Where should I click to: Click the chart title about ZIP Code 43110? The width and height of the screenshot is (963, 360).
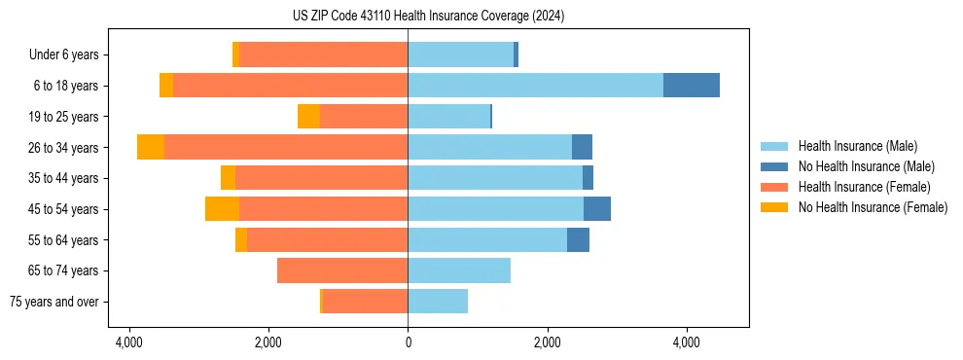point(428,16)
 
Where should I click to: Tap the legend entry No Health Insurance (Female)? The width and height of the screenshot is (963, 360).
point(872,207)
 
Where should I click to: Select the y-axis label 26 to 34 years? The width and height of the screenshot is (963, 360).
point(63,147)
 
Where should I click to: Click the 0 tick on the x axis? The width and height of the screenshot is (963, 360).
point(408,342)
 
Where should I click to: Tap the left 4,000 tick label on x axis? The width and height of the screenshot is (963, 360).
point(128,342)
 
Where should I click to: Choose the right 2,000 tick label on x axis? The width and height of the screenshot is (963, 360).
point(548,342)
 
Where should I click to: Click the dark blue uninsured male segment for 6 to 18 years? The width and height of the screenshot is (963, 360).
point(691,86)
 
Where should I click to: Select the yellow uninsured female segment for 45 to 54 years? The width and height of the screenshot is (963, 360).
point(222,209)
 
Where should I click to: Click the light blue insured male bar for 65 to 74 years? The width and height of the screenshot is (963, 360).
point(459,270)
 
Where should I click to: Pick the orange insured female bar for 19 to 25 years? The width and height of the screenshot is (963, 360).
point(364,117)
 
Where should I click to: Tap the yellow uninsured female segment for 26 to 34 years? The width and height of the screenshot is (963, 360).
point(151,147)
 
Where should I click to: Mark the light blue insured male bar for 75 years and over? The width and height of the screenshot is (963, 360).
point(438,302)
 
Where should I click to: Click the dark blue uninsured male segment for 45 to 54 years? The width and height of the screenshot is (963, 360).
point(597,209)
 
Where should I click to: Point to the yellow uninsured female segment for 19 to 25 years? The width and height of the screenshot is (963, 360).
point(308,117)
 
